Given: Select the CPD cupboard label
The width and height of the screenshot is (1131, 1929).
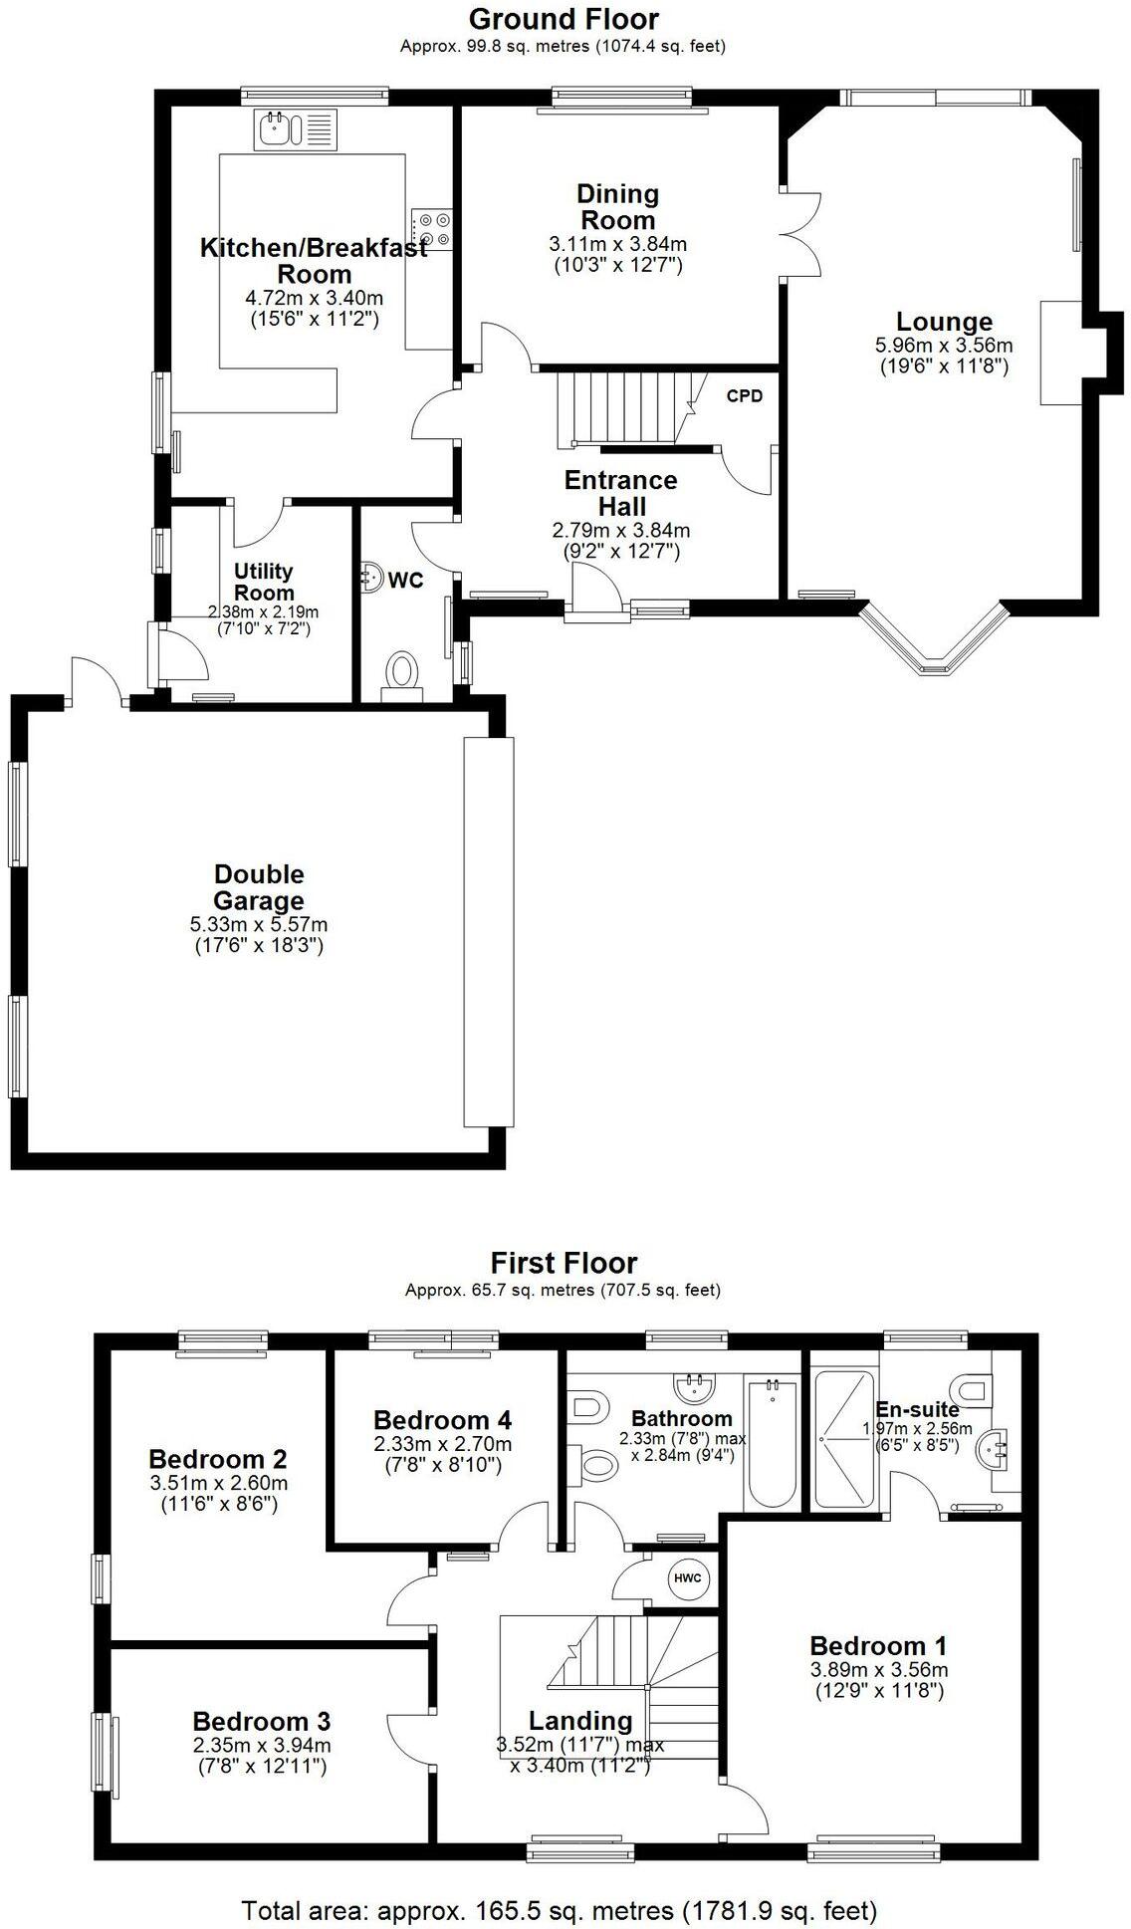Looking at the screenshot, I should tap(745, 396).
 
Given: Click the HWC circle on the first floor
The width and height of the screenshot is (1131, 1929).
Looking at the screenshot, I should tap(686, 1577).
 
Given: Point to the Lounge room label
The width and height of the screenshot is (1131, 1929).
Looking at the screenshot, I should tap(944, 322).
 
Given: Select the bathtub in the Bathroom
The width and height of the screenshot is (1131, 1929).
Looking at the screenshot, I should tap(772, 1443).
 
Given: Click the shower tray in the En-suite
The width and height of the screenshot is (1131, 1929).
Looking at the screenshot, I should tap(844, 1438).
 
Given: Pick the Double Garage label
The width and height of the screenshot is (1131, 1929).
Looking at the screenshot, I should tap(259, 887).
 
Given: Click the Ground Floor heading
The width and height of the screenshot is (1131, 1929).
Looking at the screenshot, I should tap(564, 19).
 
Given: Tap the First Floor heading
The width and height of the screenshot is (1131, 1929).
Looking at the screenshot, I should tap(564, 1263).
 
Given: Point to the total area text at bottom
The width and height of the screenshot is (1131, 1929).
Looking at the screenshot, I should tap(560, 1910).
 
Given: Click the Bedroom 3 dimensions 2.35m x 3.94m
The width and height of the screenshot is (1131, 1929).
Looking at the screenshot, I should tap(262, 1747).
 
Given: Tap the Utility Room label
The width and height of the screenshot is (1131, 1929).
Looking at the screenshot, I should tap(264, 582).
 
